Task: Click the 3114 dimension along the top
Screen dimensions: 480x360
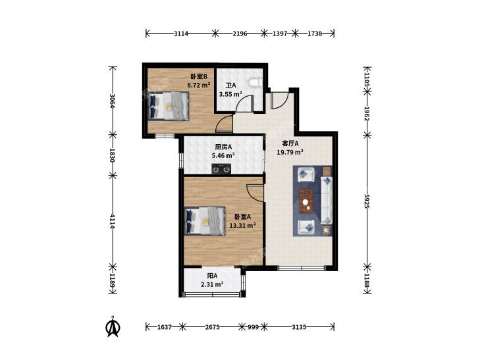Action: click(x=181, y=34)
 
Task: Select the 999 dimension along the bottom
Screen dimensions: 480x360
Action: click(x=253, y=327)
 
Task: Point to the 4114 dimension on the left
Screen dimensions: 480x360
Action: click(x=113, y=221)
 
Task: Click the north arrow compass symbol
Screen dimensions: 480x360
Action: click(x=113, y=326)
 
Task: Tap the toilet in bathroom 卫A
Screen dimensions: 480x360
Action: click(x=255, y=82)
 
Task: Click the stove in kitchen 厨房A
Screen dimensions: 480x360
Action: click(x=221, y=169)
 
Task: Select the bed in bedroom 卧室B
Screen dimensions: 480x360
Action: click(x=169, y=106)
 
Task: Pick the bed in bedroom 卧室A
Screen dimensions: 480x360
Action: click(x=205, y=221)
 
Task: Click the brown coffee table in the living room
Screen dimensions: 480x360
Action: click(x=307, y=201)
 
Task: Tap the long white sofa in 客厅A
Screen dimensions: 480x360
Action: click(x=327, y=200)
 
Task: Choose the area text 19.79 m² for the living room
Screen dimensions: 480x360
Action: click(x=290, y=152)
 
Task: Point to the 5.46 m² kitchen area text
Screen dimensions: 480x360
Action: click(x=223, y=155)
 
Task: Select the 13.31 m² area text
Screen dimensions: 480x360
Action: click(x=242, y=226)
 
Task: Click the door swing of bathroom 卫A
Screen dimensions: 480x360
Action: click(x=245, y=104)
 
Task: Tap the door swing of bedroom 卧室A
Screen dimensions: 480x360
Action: click(x=255, y=193)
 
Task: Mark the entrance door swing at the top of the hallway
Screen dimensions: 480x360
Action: click(x=279, y=99)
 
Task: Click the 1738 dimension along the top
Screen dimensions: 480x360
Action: click(x=315, y=34)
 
